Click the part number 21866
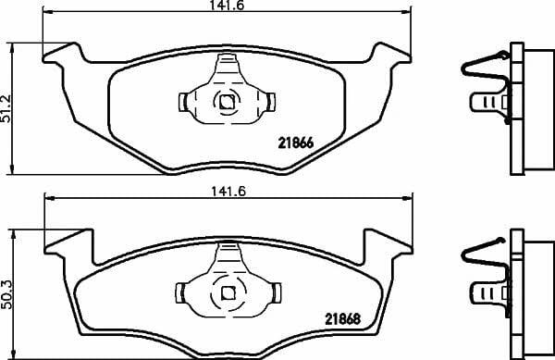click(296, 143)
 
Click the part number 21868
click(342, 319)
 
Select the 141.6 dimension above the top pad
click(227, 5)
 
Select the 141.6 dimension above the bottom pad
click(228, 192)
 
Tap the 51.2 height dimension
click(6, 108)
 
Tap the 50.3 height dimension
click(6, 294)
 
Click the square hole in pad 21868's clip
click(228, 292)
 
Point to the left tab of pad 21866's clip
click(183, 102)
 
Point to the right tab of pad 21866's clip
click(271, 102)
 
